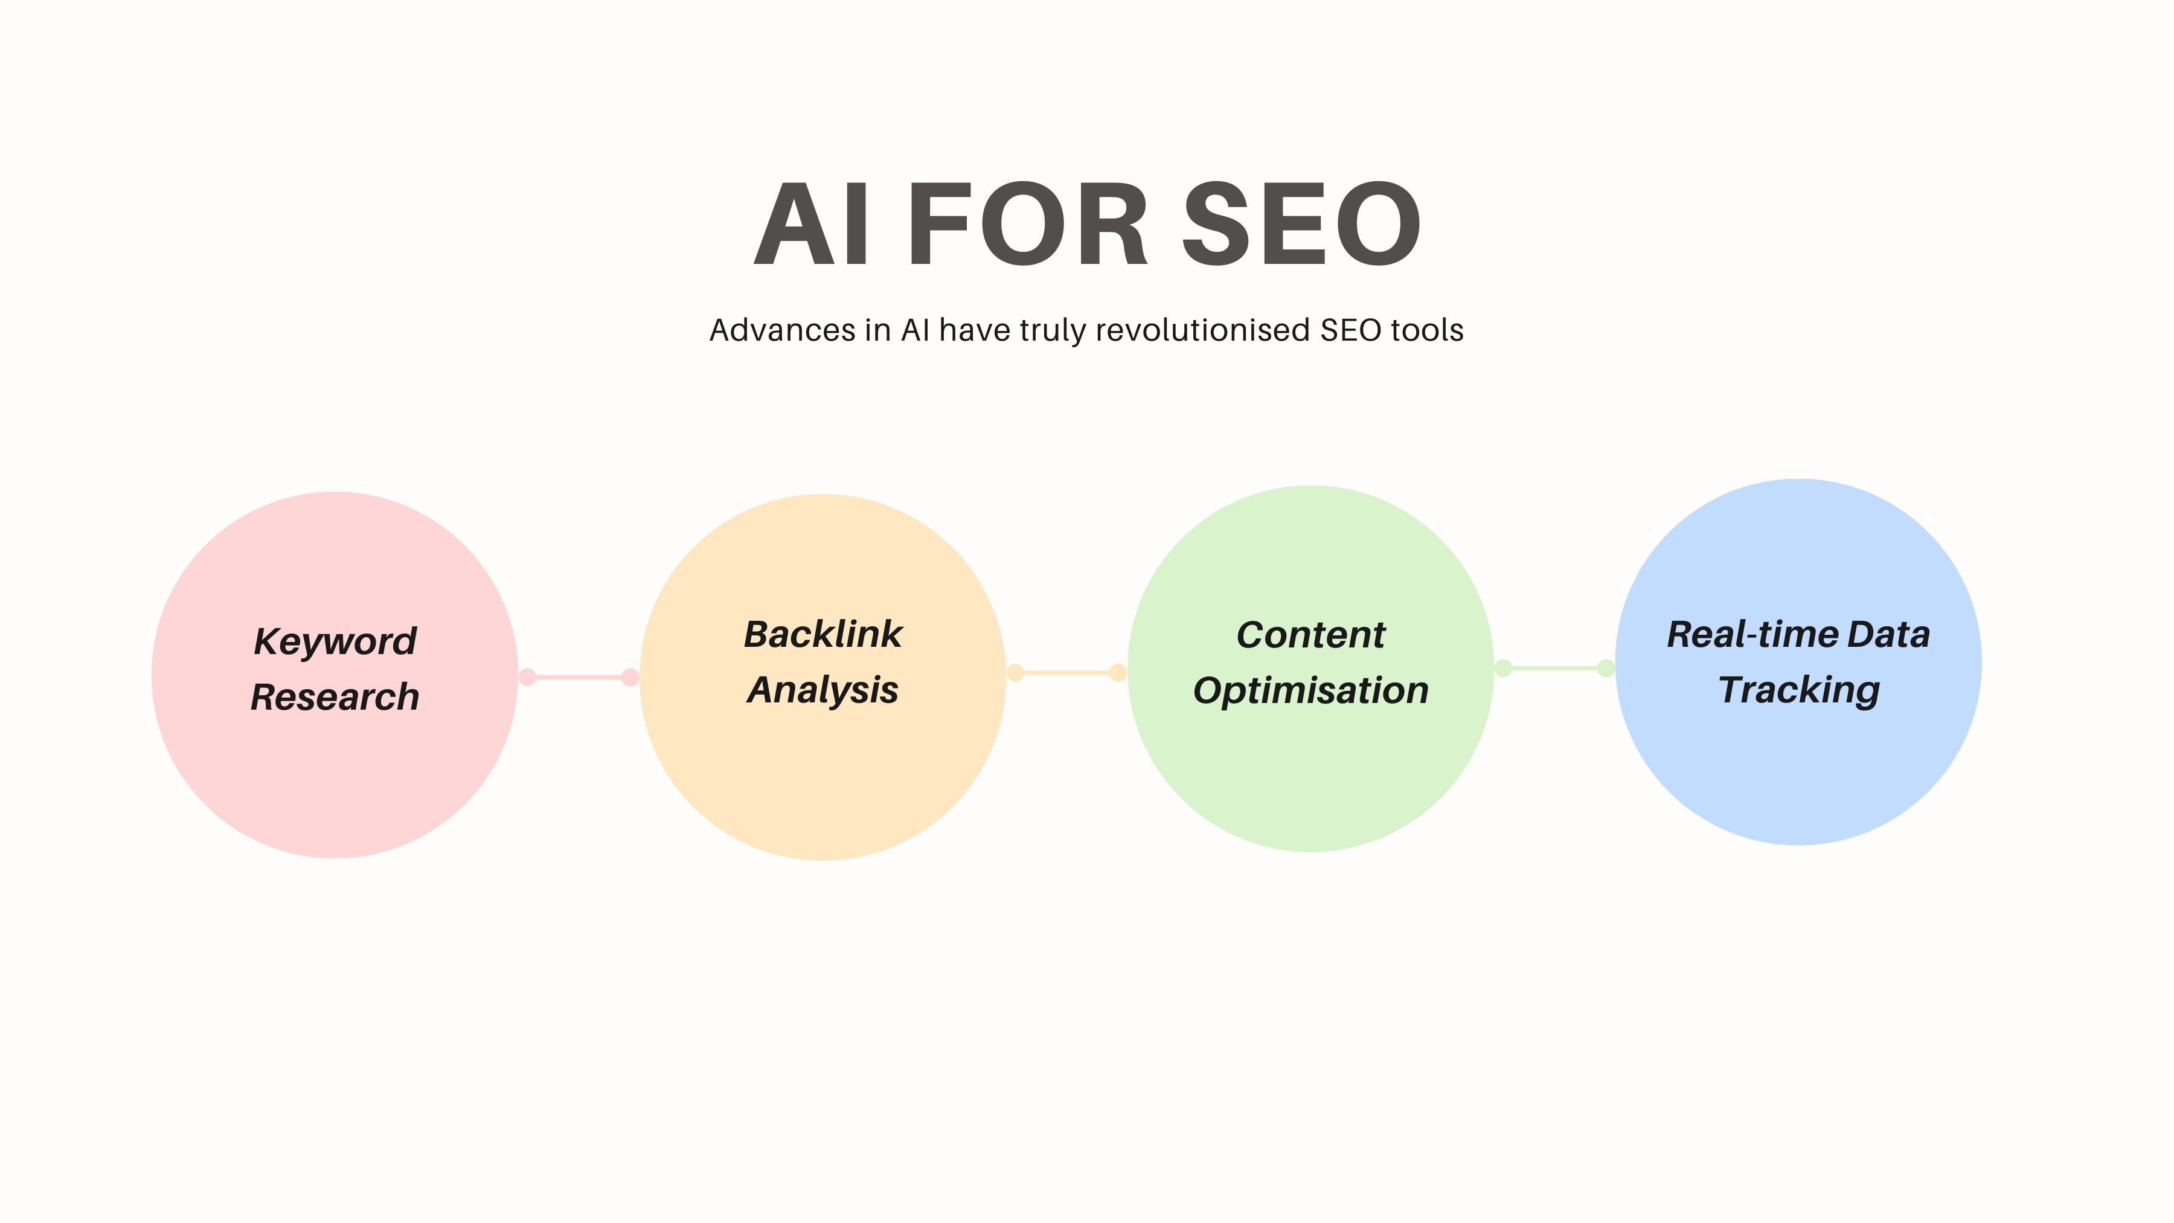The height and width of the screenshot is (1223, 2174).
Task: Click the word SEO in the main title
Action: (1301, 225)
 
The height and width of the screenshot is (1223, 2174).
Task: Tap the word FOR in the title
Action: (1028, 225)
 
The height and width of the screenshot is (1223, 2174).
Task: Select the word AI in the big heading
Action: (811, 225)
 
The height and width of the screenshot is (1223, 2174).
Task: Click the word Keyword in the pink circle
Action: (335, 641)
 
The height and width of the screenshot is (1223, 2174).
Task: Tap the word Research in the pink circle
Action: (335, 697)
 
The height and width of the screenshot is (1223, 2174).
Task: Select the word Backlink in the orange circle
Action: (823, 635)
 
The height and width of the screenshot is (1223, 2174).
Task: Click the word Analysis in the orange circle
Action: (823, 690)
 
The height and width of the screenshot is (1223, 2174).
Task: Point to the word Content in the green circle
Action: (1310, 635)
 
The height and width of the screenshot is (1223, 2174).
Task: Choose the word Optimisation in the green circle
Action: (1310, 690)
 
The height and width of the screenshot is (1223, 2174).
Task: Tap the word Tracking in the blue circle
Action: (1798, 690)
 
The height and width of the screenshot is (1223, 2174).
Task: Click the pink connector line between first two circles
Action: (579, 677)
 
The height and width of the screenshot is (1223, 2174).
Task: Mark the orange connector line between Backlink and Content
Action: (1066, 673)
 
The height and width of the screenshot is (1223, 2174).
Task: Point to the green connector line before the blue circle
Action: (1554, 669)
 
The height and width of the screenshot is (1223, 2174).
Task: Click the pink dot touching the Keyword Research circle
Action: (527, 677)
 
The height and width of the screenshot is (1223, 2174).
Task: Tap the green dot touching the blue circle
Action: (1606, 669)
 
